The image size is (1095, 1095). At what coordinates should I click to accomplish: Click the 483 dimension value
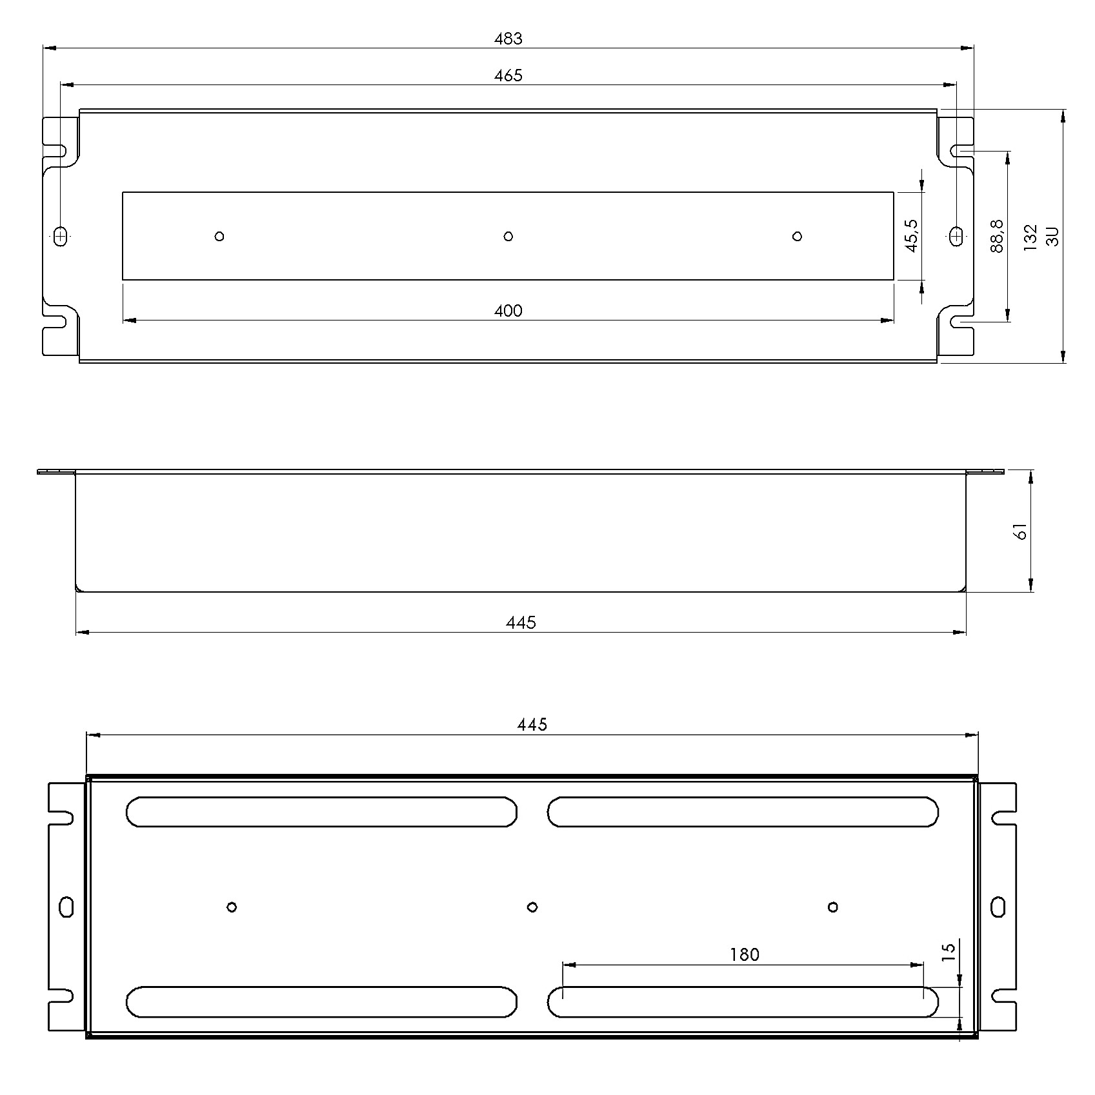(508, 39)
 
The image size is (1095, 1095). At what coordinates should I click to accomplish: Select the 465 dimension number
(508, 75)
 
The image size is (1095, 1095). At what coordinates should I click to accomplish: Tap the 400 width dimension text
(508, 311)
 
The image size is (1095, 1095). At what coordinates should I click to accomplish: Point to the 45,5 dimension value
(911, 235)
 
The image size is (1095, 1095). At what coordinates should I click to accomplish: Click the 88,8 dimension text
(997, 236)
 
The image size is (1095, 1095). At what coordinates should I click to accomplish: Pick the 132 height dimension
(1030, 237)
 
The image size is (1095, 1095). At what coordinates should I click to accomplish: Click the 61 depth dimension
(1021, 531)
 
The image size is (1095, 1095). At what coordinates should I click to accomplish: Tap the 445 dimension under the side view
(521, 622)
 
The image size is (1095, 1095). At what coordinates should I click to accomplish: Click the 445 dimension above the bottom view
(532, 724)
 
